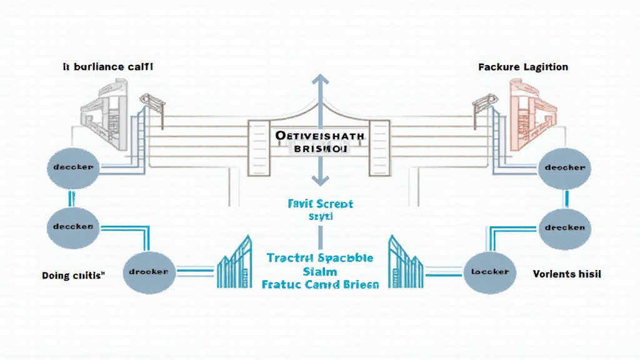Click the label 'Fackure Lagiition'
pos(522,67)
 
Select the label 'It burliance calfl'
pos(107,66)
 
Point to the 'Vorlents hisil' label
pos(567,274)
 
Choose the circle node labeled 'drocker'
pos(148,272)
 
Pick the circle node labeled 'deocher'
pos(564,167)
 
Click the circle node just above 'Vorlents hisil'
pos(564,227)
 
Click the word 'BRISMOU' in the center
pos(319,149)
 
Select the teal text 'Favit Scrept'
pos(321,204)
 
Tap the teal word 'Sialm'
pos(320,271)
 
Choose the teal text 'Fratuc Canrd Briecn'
pos(320,284)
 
